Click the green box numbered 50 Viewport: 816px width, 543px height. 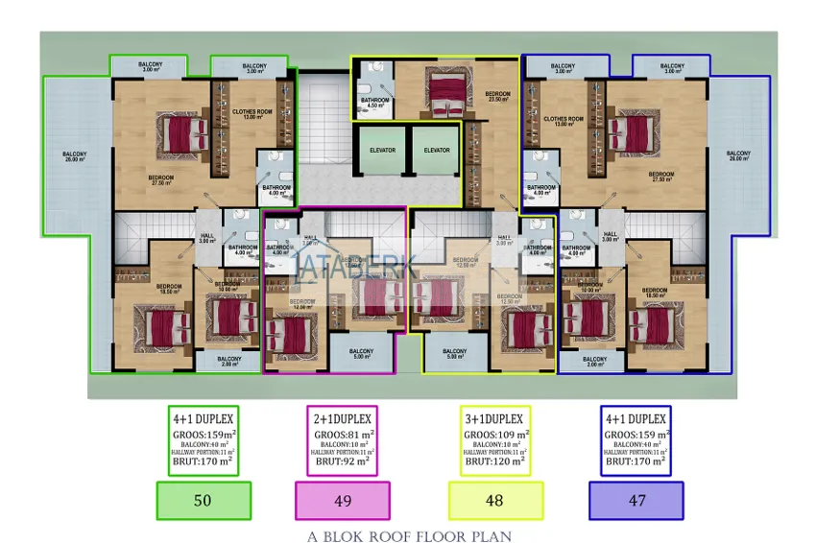204,500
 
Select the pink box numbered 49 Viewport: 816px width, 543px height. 342,500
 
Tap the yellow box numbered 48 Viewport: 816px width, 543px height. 495,500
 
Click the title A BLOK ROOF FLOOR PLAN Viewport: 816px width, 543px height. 409,536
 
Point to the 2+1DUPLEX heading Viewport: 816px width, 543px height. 342,419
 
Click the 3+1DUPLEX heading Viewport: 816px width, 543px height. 494,419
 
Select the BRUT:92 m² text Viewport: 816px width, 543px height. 342,462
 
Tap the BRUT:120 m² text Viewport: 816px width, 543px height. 494,462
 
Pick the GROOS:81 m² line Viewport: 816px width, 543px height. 342,435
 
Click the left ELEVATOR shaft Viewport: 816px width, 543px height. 382,150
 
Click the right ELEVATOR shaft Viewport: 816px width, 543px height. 437,150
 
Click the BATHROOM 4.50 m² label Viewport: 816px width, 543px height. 374,103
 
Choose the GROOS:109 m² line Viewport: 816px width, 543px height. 494,435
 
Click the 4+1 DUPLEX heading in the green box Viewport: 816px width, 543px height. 204,419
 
